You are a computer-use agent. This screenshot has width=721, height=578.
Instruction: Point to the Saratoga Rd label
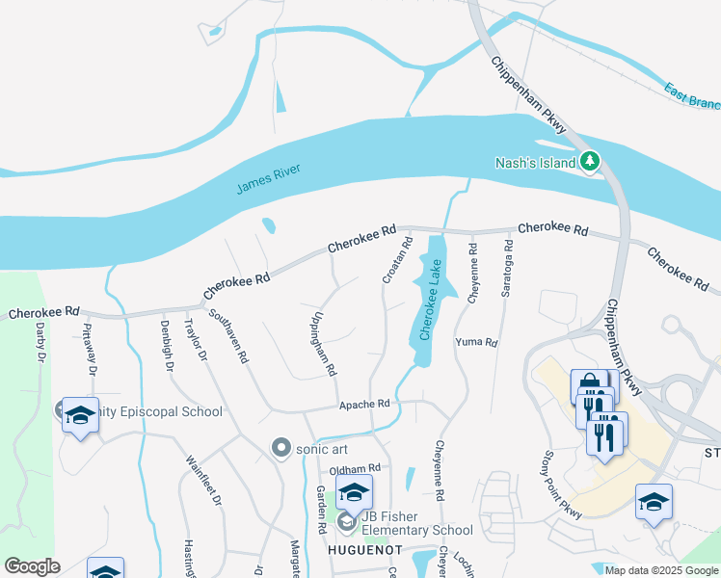(x=505, y=273)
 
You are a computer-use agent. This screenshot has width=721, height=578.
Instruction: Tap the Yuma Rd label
(x=476, y=342)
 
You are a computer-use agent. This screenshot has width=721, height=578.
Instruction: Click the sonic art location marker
(x=281, y=447)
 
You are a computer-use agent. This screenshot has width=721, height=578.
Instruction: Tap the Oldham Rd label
(x=356, y=468)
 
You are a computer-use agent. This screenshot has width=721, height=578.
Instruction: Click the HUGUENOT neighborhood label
(x=364, y=549)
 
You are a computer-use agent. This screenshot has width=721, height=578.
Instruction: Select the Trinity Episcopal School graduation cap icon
(x=80, y=415)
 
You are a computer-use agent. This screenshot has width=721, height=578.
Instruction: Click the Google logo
(x=32, y=566)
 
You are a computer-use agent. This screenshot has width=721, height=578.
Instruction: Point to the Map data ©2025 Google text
(x=660, y=570)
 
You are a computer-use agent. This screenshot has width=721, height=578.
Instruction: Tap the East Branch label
(x=692, y=93)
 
